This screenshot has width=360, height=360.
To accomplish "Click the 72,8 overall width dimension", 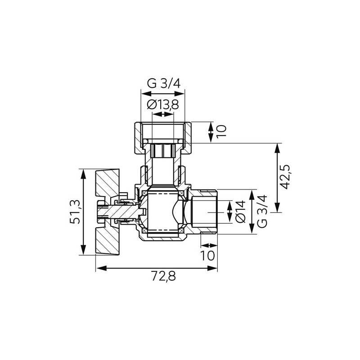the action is pos(163,276).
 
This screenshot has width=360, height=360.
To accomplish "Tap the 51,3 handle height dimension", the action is pos(75,212).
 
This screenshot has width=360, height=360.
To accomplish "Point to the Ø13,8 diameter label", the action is pos(163,104).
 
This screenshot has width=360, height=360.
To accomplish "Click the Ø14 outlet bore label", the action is pos(241,211).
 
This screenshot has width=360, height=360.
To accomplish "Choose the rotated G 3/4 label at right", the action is pos(262,211).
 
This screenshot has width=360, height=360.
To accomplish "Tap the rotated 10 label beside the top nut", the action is pos(221,131).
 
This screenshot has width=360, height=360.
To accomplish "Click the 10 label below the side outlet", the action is pos(207,255).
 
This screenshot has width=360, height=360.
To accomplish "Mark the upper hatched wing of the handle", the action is pos(108,183).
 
